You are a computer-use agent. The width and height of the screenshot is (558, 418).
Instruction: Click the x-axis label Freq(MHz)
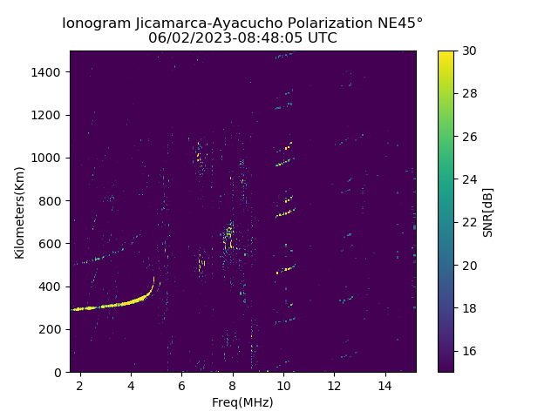(242, 402)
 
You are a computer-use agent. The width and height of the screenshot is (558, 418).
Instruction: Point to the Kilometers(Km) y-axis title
(19, 212)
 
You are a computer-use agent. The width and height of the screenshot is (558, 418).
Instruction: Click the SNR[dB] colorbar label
(488, 212)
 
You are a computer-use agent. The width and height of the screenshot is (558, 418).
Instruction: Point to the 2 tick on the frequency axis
(80, 385)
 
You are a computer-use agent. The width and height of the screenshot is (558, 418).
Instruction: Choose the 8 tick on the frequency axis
(233, 385)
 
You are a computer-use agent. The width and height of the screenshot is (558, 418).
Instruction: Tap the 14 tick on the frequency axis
(384, 385)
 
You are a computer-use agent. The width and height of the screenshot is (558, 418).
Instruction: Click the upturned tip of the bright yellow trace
(153, 279)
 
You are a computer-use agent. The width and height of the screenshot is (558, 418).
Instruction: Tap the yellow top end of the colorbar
(446, 53)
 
